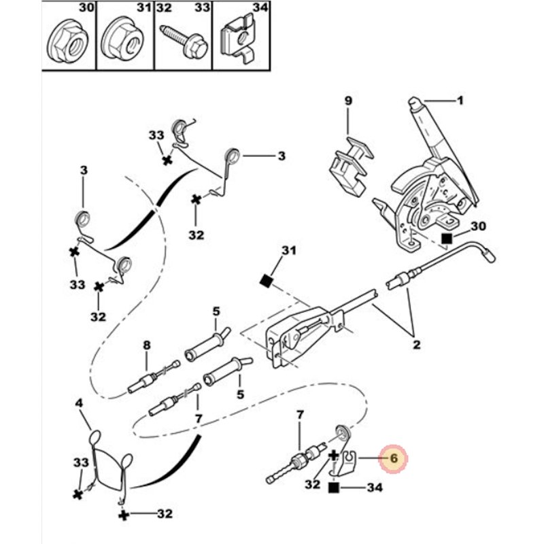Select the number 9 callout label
pos(347,101)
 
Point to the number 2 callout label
pos(416,344)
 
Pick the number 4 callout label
pos(79,403)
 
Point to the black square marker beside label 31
pos(267,280)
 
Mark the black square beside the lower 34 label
pos(334,488)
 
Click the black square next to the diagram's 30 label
pos(447,238)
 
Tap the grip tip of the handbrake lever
pos(413,103)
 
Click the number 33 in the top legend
pos(203,10)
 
